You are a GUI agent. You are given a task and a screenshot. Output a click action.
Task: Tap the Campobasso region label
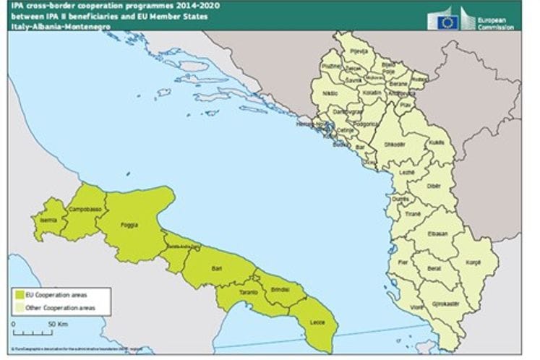[84, 209]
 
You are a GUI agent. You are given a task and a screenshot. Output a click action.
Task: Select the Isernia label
[49, 219]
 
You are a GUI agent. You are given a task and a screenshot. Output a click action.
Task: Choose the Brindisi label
[280, 290]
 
